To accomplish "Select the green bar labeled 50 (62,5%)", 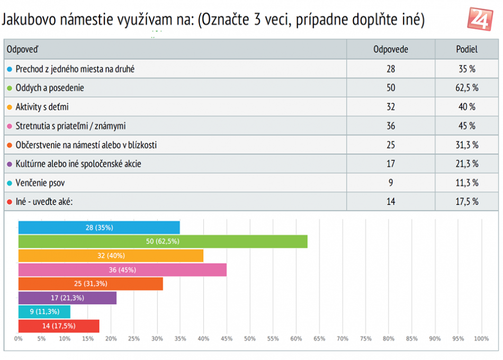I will coord(163,241).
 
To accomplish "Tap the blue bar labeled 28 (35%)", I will coord(99,228).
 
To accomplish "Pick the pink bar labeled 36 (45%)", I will coord(122,269).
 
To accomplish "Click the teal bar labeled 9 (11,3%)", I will coord(44,312).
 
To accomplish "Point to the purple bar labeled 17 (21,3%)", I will coord(67,298).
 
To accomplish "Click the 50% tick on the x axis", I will coord(250,339).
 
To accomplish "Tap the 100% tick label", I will coord(481,339).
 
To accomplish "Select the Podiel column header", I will coord(466,50).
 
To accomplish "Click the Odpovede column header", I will coord(390,50).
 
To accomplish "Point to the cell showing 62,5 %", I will coord(466,88).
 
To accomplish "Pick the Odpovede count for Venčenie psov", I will coord(390,183).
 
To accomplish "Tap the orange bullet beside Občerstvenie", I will coord(10,145).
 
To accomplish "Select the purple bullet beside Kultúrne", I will coord(10,164).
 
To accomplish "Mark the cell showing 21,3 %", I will coord(466,164).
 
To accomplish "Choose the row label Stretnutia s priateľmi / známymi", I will coord(70,126).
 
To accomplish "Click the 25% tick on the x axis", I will coord(134,339).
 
